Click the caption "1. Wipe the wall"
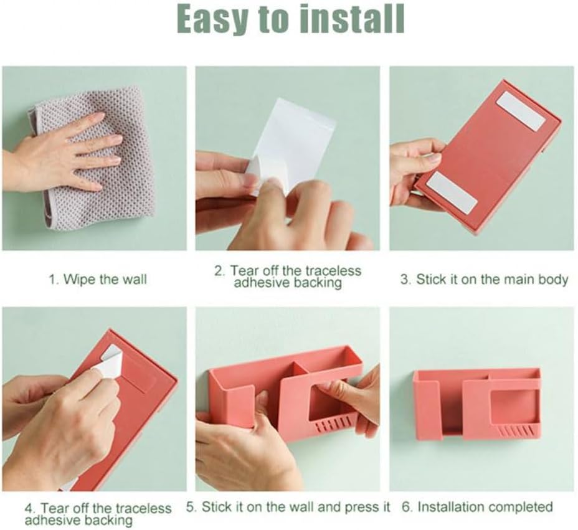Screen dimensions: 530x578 [98, 279]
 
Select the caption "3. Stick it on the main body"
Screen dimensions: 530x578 [484, 279]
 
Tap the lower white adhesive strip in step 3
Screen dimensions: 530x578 [453, 193]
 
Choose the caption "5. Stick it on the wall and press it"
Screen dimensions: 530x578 [288, 507]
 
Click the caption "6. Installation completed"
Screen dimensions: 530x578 [477, 507]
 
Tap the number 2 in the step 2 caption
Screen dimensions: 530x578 [219, 271]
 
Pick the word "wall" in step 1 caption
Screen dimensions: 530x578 [135, 279]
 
